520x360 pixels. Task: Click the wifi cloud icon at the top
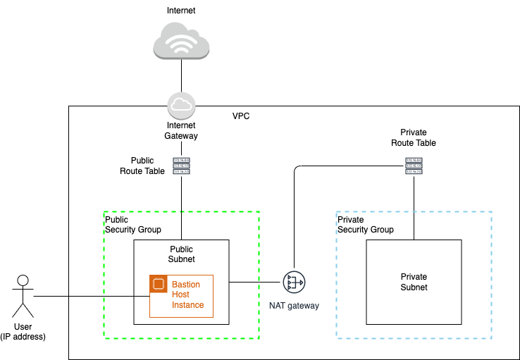click(182, 42)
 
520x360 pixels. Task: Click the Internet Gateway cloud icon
click(181, 106)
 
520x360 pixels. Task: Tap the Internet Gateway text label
click(181, 130)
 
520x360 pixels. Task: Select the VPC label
click(241, 116)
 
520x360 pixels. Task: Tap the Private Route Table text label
click(414, 137)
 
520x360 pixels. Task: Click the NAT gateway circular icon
click(294, 283)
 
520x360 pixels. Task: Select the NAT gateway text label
click(294, 306)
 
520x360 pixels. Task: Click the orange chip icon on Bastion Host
click(159, 284)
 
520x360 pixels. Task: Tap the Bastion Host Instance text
click(187, 295)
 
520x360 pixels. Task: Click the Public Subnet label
click(182, 254)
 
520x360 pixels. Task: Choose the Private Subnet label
click(414, 282)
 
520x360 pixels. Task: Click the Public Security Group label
click(133, 225)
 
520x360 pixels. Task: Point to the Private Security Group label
click(366, 225)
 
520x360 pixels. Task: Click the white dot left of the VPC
click(23, 281)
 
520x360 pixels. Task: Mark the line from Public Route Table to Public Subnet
click(182, 208)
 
